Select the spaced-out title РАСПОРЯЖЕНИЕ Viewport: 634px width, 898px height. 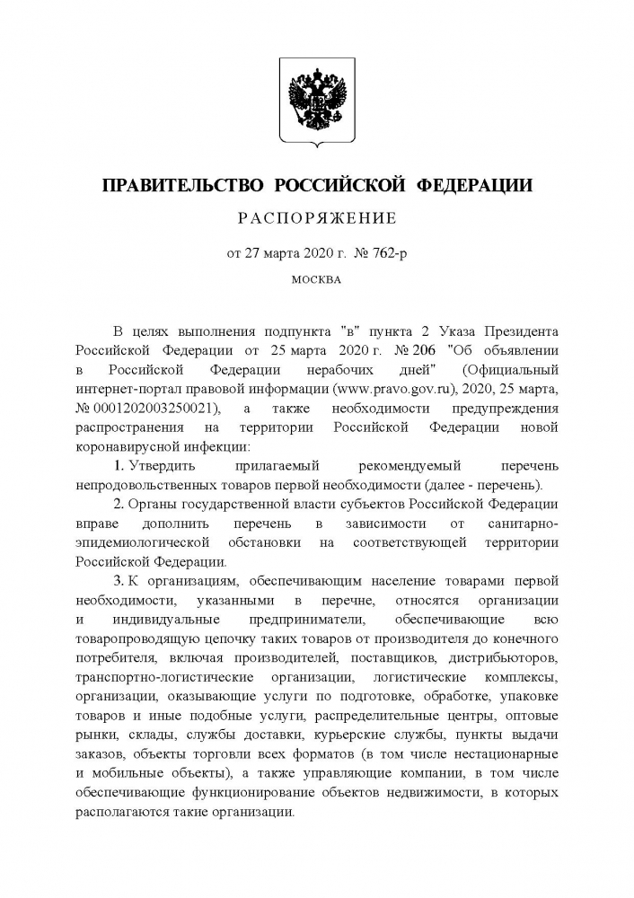click(x=316, y=218)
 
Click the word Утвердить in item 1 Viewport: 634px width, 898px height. click(x=161, y=466)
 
